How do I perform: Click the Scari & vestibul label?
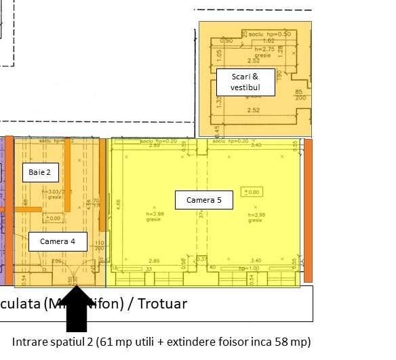[245, 81]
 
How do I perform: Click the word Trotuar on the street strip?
[161, 302]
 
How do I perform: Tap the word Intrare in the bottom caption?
[31, 340]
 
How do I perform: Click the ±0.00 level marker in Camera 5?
[252, 192]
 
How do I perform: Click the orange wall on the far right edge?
[308, 210]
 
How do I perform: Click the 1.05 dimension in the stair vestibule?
[218, 56]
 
